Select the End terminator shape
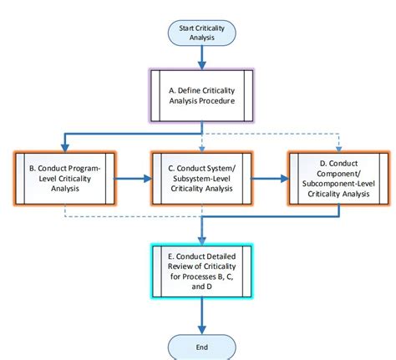click(x=201, y=346)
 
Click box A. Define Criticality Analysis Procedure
click(x=201, y=96)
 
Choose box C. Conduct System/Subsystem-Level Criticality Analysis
click(x=201, y=177)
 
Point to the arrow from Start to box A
click(x=201, y=57)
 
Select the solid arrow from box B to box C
click(x=131, y=177)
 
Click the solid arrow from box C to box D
click(x=268, y=177)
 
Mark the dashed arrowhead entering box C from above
click(x=201, y=145)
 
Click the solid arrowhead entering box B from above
click(x=63, y=145)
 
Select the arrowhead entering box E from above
click(x=201, y=239)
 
